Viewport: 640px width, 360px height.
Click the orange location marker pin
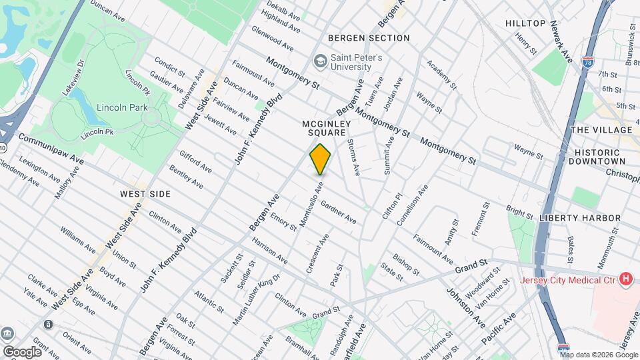point(321,159)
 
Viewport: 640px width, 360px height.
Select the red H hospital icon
point(625,279)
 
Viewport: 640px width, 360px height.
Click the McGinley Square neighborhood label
point(327,128)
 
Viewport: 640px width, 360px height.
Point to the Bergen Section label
point(369,38)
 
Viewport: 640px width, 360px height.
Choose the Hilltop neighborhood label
point(525,23)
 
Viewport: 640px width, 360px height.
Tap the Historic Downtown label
point(599,157)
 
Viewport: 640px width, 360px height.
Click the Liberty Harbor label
point(580,218)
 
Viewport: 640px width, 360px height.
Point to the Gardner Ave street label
point(338,211)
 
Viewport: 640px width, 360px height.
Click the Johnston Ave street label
point(465,303)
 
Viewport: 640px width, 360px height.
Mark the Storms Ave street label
point(353,157)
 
